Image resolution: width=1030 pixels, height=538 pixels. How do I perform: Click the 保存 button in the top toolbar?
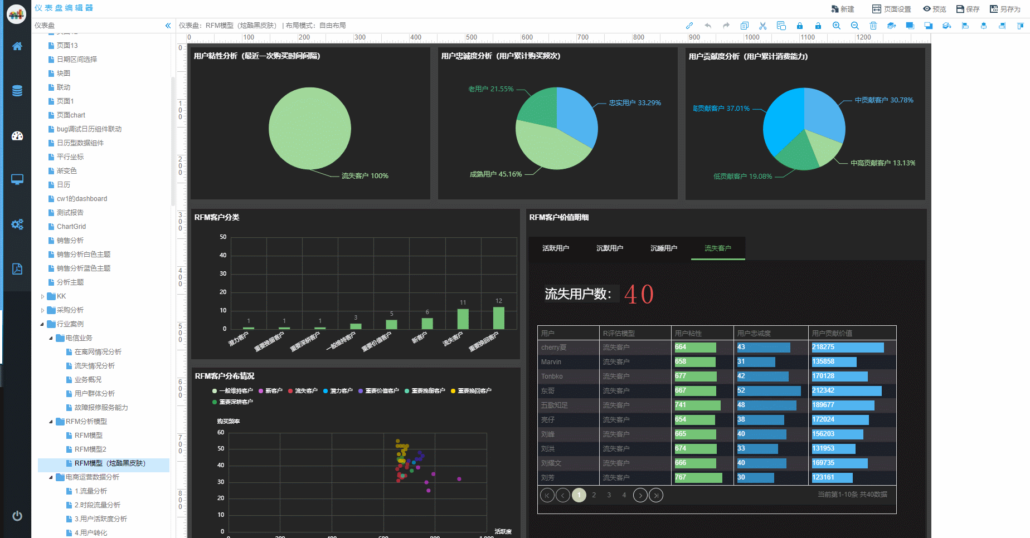(x=968, y=9)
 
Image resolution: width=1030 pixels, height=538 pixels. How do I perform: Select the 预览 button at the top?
(x=935, y=9)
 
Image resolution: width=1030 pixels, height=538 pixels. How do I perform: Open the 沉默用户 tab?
(x=610, y=248)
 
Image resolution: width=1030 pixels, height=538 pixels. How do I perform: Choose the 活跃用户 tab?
(x=556, y=248)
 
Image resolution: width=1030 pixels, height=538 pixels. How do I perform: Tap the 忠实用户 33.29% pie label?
(x=635, y=103)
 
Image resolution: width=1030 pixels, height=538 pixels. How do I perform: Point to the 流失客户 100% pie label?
(x=365, y=176)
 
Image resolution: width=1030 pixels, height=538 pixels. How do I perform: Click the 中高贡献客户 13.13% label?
(x=883, y=163)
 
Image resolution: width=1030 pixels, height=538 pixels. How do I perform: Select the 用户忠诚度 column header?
(x=754, y=334)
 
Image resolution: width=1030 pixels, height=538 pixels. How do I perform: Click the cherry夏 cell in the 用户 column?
(x=553, y=348)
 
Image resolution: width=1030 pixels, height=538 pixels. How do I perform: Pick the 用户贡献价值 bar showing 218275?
(x=847, y=348)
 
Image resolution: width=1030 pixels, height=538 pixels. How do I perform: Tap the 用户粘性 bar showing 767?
(x=698, y=478)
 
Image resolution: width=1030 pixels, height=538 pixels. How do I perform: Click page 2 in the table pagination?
(x=594, y=495)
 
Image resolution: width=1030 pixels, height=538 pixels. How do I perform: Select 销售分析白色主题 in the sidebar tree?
(x=84, y=255)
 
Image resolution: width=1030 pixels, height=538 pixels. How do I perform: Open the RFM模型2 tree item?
(x=90, y=449)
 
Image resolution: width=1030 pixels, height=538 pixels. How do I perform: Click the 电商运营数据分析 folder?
(x=92, y=477)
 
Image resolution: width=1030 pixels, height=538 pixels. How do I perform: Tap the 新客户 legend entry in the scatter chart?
(x=270, y=391)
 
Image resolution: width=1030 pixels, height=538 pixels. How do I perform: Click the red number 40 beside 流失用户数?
(x=639, y=294)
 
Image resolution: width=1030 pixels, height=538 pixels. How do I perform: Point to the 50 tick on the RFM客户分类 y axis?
(x=223, y=237)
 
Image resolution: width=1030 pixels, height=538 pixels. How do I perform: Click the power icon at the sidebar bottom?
(x=17, y=516)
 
